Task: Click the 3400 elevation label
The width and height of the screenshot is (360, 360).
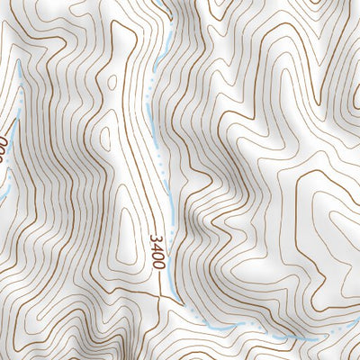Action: coord(157,253)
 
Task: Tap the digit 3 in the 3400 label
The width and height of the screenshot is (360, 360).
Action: coord(157,240)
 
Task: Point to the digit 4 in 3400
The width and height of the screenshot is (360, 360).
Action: coord(157,248)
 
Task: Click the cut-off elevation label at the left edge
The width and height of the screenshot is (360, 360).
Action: coord(3,149)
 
